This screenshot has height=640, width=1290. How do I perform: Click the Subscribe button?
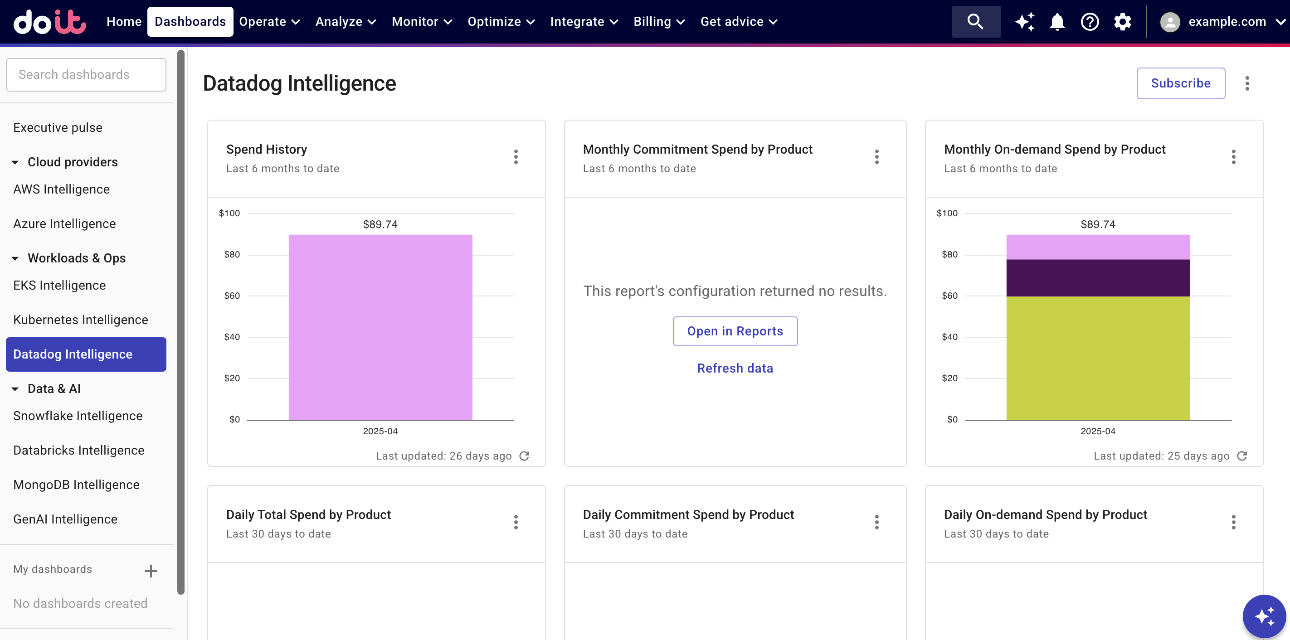coord(1180,83)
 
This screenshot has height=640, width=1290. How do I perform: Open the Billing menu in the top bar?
coord(658,22)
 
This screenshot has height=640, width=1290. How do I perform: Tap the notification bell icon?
coord(1056,22)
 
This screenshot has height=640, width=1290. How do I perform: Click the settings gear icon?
coord(1122,22)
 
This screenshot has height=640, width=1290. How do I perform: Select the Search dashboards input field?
coord(86,75)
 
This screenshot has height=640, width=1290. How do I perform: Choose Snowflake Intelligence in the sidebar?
coord(78,416)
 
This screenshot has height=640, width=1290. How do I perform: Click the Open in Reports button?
coord(735,331)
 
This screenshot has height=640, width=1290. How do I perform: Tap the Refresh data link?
coord(735,368)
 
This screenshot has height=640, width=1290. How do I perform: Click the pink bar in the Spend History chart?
coord(380,326)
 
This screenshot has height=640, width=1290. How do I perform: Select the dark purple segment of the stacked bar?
coord(1098,278)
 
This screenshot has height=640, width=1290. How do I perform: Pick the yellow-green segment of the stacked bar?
coord(1098,358)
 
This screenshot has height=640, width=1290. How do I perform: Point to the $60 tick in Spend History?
coord(232,296)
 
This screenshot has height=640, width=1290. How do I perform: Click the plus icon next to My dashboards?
coord(151,571)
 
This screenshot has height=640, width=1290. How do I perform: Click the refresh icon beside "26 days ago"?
coord(524,456)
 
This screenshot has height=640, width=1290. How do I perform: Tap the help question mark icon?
coord(1090,22)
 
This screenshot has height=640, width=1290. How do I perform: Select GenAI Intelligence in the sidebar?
coord(65,519)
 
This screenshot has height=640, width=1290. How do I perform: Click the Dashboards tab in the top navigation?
coord(190,22)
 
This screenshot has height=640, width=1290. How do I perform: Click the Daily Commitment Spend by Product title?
coord(688,514)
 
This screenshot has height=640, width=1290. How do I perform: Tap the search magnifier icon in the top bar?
coord(975,22)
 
